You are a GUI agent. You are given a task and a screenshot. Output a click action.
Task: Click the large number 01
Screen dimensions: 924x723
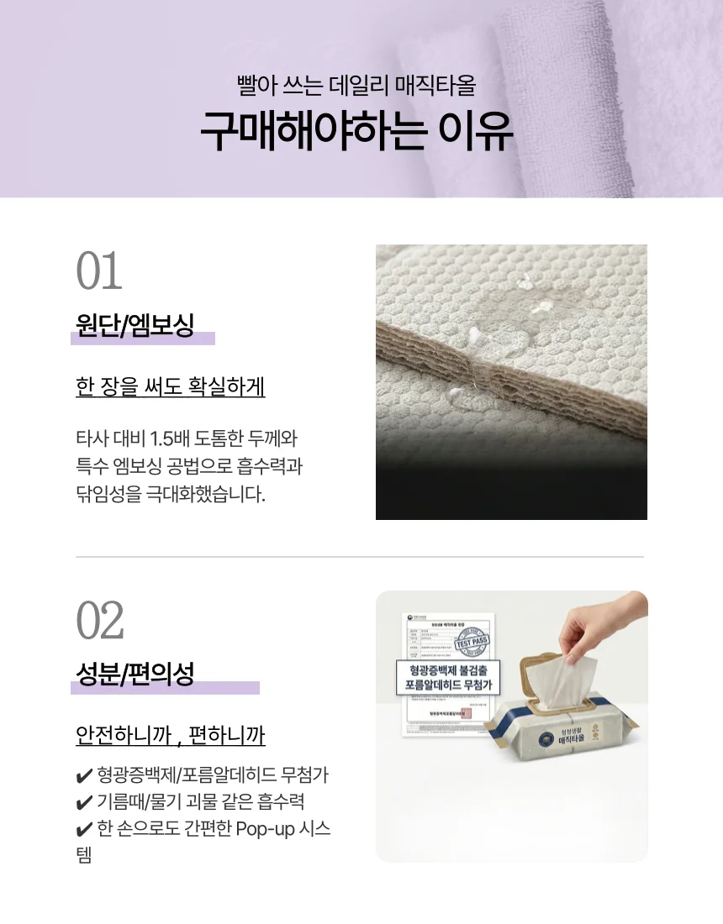point(99,270)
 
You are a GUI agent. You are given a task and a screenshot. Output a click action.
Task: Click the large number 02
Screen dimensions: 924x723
point(100,621)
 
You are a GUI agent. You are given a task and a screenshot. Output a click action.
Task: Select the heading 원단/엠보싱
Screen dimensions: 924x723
point(135,324)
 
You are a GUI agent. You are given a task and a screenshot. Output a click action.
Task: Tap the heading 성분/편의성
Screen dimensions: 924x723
point(135,674)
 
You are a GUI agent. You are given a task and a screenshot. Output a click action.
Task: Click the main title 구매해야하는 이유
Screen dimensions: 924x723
point(356,134)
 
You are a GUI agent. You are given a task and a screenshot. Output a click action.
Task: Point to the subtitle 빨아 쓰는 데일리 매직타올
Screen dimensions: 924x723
point(356,86)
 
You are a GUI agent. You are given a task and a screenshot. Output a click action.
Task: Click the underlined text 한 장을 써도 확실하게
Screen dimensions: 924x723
point(171,386)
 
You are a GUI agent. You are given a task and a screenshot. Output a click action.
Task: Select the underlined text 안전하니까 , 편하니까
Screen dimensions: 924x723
point(171,736)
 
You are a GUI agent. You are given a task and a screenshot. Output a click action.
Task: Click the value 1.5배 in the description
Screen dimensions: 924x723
point(168,438)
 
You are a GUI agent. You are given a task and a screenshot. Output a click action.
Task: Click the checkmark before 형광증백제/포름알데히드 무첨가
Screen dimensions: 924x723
point(83,775)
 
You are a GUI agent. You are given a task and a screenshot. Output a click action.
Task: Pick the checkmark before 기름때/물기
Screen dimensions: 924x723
point(83,802)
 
